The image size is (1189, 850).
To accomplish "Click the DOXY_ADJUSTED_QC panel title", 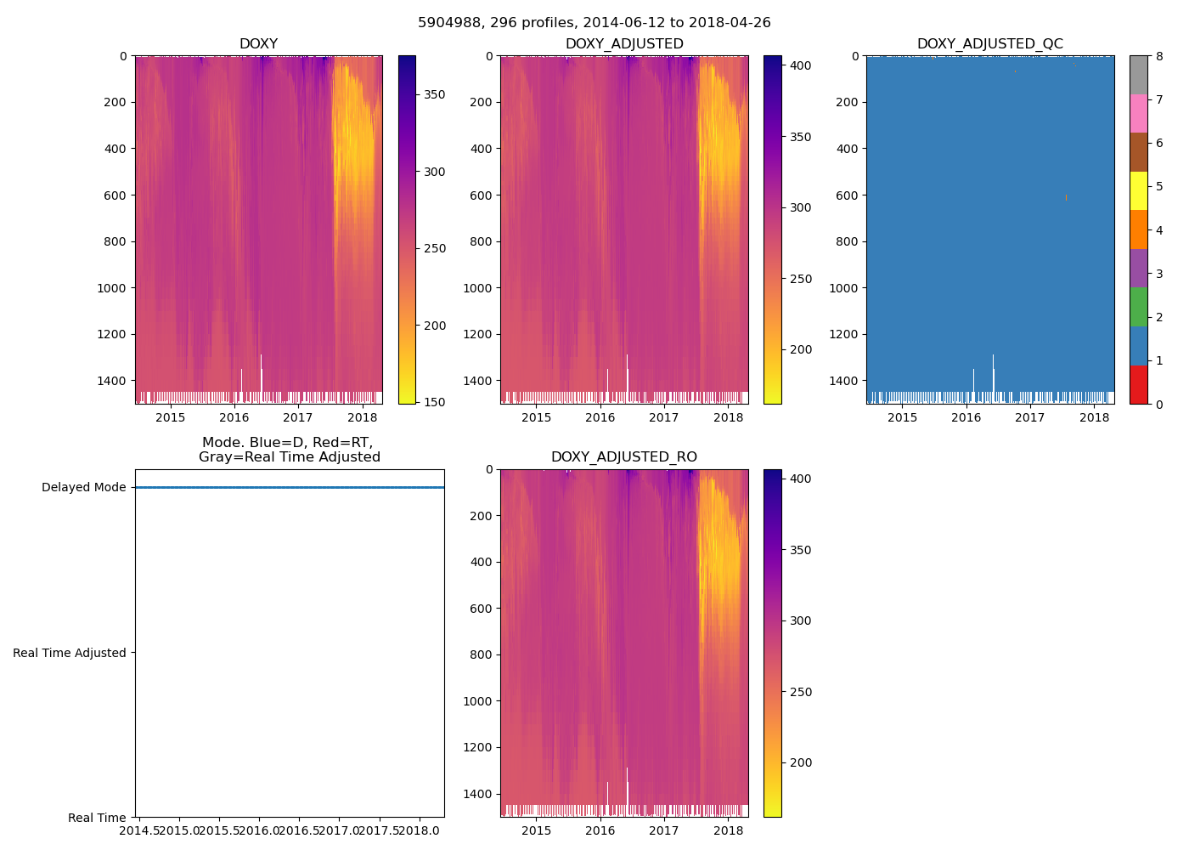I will coord(989,44).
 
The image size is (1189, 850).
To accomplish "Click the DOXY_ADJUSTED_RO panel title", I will coord(623,457).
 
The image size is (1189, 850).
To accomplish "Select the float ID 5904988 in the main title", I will coord(448,23).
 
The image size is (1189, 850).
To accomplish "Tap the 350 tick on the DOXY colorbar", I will coord(434,94).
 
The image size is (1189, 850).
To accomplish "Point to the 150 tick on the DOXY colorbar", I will coord(434,402).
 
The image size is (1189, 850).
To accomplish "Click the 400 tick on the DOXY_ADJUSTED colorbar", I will coord(800,65).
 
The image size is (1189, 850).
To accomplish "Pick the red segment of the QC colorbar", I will coord(1138,384).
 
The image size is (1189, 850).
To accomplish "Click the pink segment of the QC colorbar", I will coord(1138,113).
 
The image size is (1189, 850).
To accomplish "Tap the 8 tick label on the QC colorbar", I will coord(1159,56).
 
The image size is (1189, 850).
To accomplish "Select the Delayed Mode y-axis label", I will coord(83,487).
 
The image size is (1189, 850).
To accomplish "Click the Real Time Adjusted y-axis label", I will coord(70,653).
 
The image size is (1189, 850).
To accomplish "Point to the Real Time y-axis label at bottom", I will coord(97,818).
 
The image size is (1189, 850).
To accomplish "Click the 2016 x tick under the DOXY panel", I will coord(234,416).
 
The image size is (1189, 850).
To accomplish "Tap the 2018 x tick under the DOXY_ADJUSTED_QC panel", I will coord(1094,416).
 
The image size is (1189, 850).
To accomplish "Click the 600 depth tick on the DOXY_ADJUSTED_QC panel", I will coord(846,195).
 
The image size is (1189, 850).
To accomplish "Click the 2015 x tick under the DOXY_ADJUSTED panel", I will coord(536,416).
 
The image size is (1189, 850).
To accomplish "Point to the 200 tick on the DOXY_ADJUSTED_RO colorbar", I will coord(800,762).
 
